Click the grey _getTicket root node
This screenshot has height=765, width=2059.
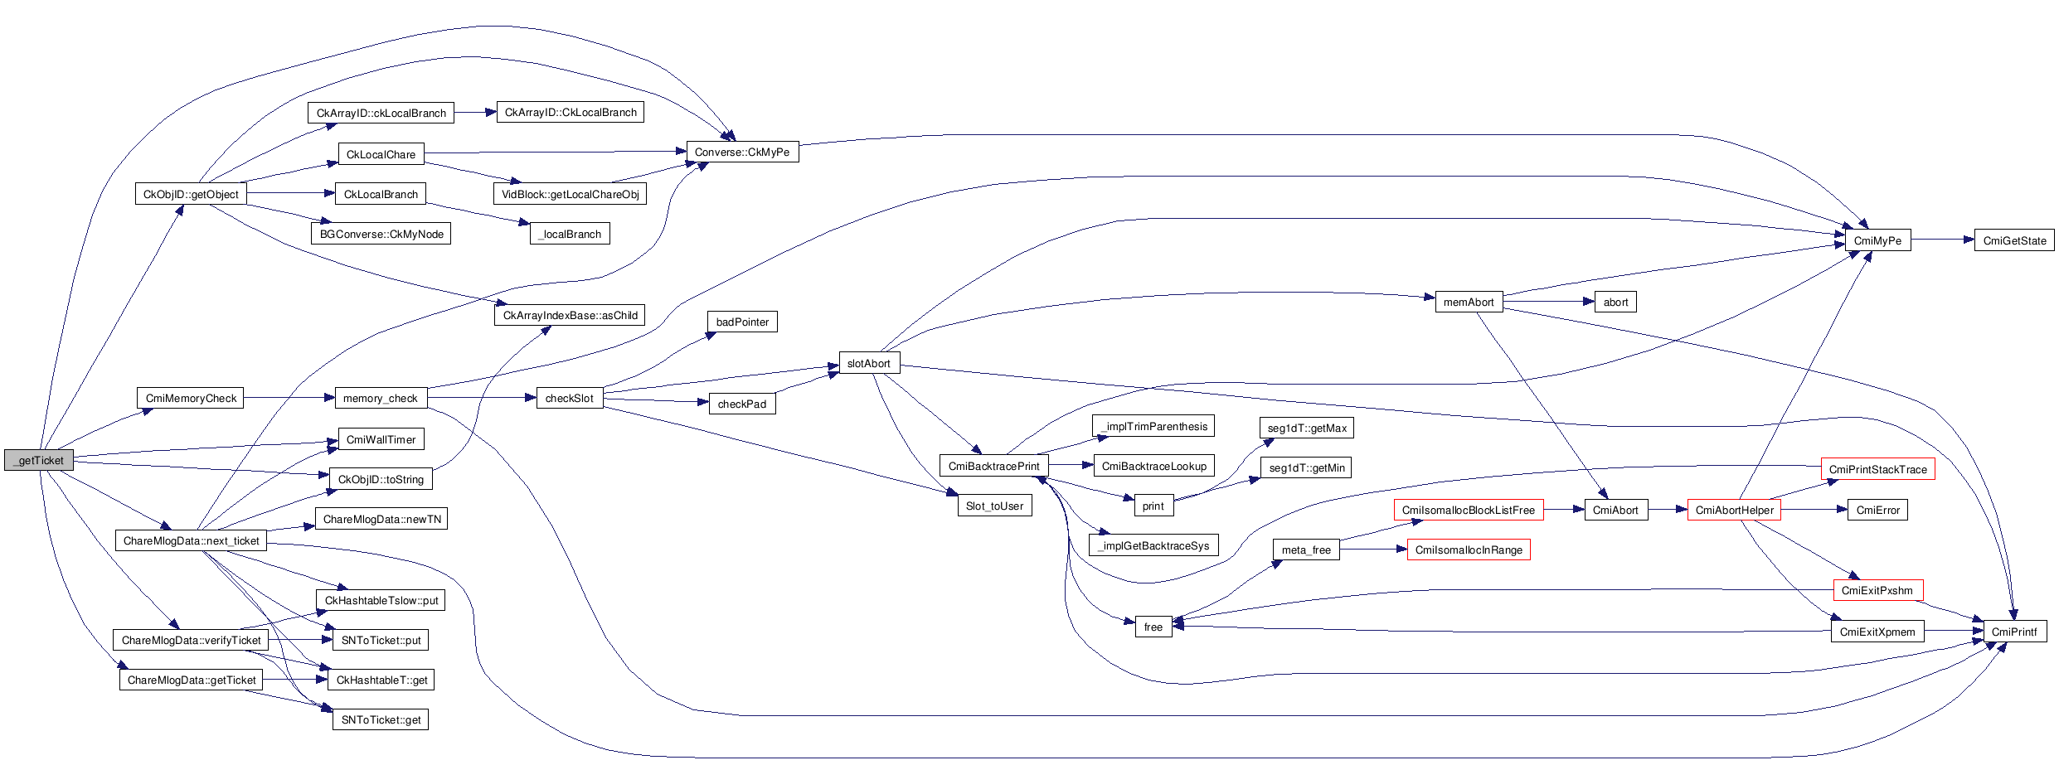[39, 460]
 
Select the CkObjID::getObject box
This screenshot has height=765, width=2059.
[191, 194]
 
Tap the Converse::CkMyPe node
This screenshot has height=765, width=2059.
[741, 152]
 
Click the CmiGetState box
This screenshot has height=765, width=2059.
[2014, 240]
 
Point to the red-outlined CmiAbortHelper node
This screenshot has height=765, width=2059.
[1734, 510]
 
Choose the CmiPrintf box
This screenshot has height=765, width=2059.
[2013, 632]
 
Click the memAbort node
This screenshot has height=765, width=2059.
[1468, 302]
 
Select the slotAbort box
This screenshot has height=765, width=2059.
[868, 363]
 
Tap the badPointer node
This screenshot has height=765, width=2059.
[742, 322]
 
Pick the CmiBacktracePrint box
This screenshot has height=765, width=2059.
[993, 466]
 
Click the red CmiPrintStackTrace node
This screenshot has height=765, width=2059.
[1877, 469]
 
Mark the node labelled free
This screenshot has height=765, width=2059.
[1153, 627]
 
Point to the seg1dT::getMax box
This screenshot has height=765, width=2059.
[1307, 428]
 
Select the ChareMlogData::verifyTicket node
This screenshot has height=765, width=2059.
[191, 640]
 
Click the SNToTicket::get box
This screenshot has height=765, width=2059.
[381, 719]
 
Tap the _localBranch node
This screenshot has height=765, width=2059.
[570, 234]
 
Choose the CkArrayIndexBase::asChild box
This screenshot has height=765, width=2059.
[570, 315]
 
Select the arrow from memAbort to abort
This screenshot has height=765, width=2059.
[1547, 302]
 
